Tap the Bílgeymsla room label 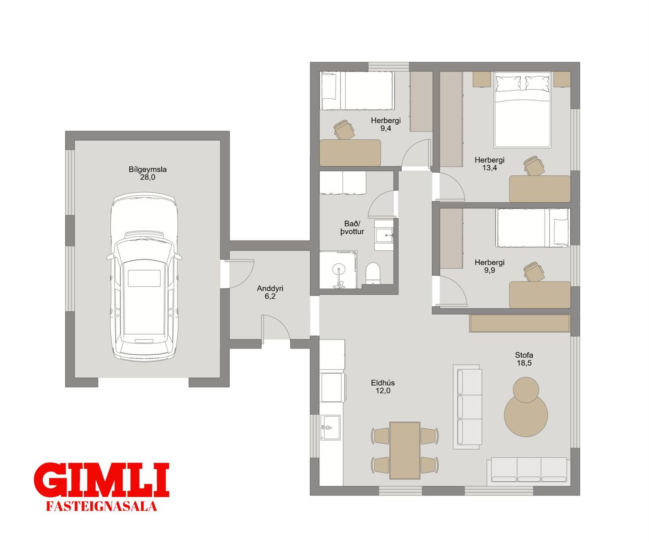click(148, 169)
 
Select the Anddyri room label click(270, 288)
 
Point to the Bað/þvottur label click(352, 227)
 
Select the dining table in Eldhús click(405, 450)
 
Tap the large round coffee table click(526, 416)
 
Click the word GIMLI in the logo click(102, 480)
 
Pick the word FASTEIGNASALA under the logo click(102, 506)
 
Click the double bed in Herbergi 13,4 click(522, 110)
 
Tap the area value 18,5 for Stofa click(524, 363)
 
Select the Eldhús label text click(383, 383)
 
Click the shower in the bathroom click(338, 269)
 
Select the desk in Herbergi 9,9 click(539, 295)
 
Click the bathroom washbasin click(384, 235)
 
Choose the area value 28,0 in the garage click(148, 177)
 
